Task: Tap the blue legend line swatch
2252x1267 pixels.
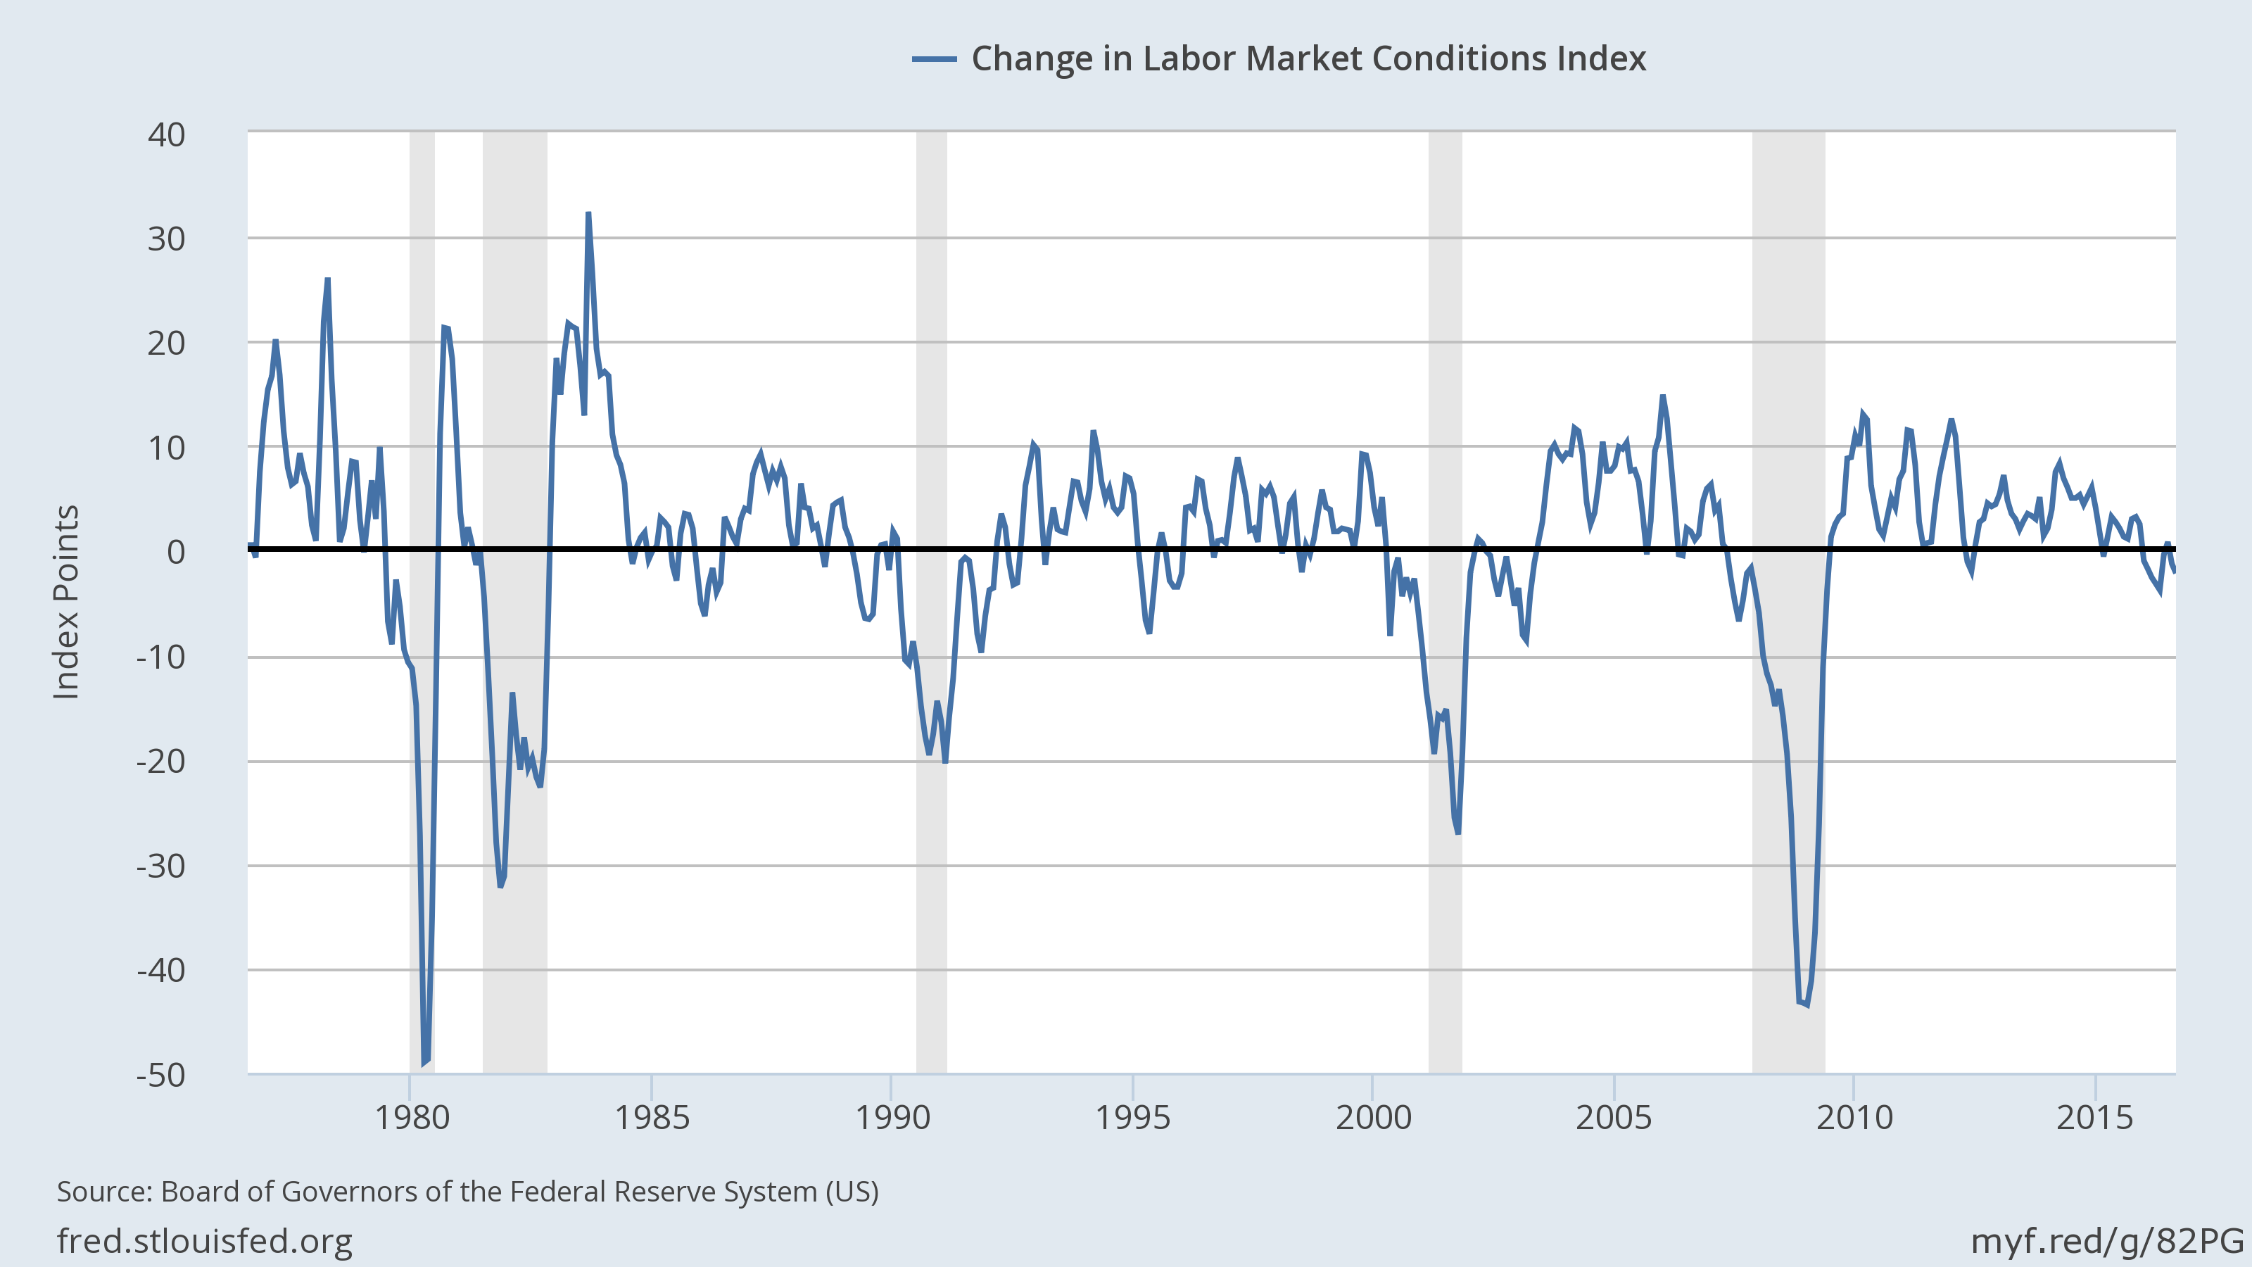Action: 934,59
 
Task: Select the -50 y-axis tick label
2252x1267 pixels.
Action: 161,1075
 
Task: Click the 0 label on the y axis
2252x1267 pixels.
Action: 176,552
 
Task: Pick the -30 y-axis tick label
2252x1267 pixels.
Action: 161,866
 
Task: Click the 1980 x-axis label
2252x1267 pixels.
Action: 411,1118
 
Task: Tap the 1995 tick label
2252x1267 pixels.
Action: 1132,1118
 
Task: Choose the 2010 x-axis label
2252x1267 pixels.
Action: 1854,1118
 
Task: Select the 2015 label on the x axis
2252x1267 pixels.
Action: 2094,1118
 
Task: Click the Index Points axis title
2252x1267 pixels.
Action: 66,603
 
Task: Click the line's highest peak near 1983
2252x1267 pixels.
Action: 588,213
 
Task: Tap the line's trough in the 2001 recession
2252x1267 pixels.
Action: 1457,833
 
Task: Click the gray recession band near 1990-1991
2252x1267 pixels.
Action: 931,350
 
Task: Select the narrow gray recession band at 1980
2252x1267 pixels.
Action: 422,350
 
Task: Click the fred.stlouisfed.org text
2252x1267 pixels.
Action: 205,1241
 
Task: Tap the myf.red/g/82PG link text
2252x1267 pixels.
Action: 2107,1241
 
